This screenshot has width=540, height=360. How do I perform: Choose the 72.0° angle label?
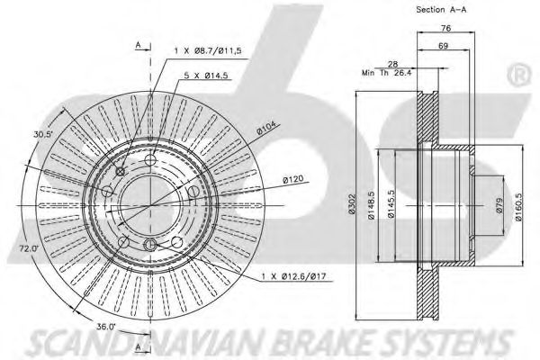coord(29,247)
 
